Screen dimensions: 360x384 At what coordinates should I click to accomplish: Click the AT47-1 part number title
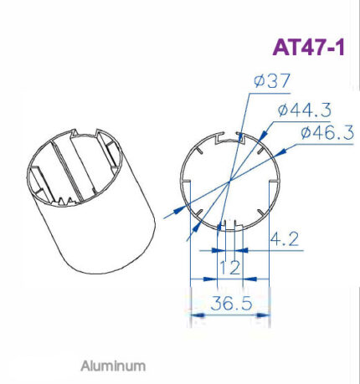(308, 47)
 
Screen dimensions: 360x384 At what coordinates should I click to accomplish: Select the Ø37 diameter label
(272, 80)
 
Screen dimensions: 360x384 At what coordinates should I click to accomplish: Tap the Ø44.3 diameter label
(305, 110)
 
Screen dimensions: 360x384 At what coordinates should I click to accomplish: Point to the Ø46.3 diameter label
(327, 132)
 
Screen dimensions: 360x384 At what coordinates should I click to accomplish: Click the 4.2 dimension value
(284, 239)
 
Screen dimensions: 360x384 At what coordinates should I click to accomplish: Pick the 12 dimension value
(229, 268)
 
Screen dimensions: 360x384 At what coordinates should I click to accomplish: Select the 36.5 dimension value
(231, 303)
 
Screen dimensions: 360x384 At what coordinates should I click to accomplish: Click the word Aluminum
(113, 366)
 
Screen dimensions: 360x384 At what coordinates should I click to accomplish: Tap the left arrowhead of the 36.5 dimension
(198, 315)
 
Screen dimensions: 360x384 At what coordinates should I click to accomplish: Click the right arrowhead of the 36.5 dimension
(263, 315)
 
